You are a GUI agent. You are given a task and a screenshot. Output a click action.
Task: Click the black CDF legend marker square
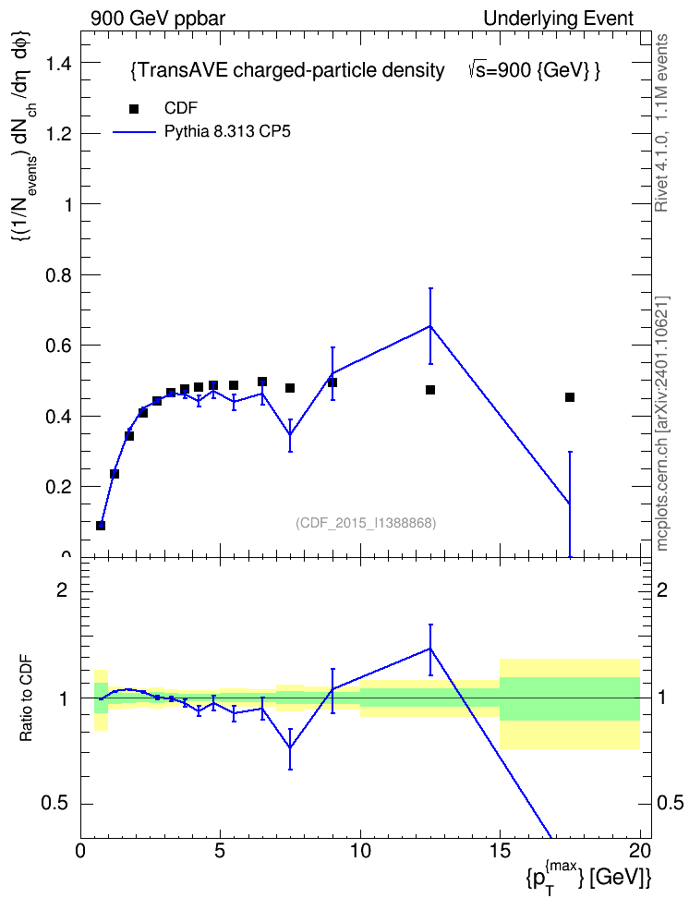(x=134, y=109)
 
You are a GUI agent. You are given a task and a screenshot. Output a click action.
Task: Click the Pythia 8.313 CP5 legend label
(x=227, y=132)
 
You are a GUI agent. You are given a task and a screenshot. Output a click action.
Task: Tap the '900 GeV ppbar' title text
(x=158, y=18)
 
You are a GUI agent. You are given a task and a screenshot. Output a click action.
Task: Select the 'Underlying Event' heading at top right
(x=559, y=18)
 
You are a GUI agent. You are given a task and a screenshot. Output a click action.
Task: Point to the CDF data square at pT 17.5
(x=569, y=397)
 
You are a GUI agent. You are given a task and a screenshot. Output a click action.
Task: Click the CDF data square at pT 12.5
(x=430, y=390)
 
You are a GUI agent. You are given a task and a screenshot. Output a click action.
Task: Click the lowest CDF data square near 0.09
(x=101, y=525)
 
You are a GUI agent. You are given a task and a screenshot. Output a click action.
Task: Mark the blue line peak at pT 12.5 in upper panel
(x=430, y=326)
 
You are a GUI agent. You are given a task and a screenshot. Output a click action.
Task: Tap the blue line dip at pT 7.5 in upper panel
(x=290, y=433)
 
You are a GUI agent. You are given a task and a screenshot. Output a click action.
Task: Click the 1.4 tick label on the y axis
(x=59, y=63)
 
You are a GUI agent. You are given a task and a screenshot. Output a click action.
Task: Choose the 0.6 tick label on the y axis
(x=59, y=346)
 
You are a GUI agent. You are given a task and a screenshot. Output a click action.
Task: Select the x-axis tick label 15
(x=500, y=851)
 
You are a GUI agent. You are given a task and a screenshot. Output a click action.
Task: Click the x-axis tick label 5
(x=221, y=851)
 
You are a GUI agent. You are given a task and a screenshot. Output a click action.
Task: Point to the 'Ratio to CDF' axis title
(x=27, y=698)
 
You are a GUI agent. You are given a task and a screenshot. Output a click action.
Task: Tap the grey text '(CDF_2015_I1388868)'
(x=366, y=523)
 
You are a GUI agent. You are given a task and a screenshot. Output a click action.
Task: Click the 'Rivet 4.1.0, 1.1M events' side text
(x=661, y=123)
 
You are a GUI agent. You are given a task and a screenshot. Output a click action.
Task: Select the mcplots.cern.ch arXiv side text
(x=662, y=423)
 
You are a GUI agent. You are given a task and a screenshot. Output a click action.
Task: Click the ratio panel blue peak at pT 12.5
(x=430, y=649)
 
